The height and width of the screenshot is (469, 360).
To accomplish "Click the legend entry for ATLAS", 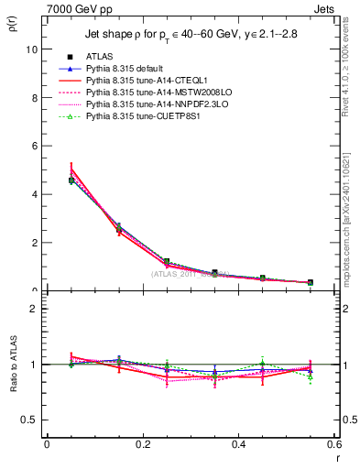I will [x=95, y=57].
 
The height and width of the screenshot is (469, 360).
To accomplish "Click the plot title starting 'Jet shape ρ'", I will [x=191, y=36].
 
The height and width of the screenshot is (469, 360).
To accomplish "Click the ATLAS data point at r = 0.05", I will [x=71, y=180].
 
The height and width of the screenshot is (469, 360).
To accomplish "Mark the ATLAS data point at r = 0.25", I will [x=167, y=261].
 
